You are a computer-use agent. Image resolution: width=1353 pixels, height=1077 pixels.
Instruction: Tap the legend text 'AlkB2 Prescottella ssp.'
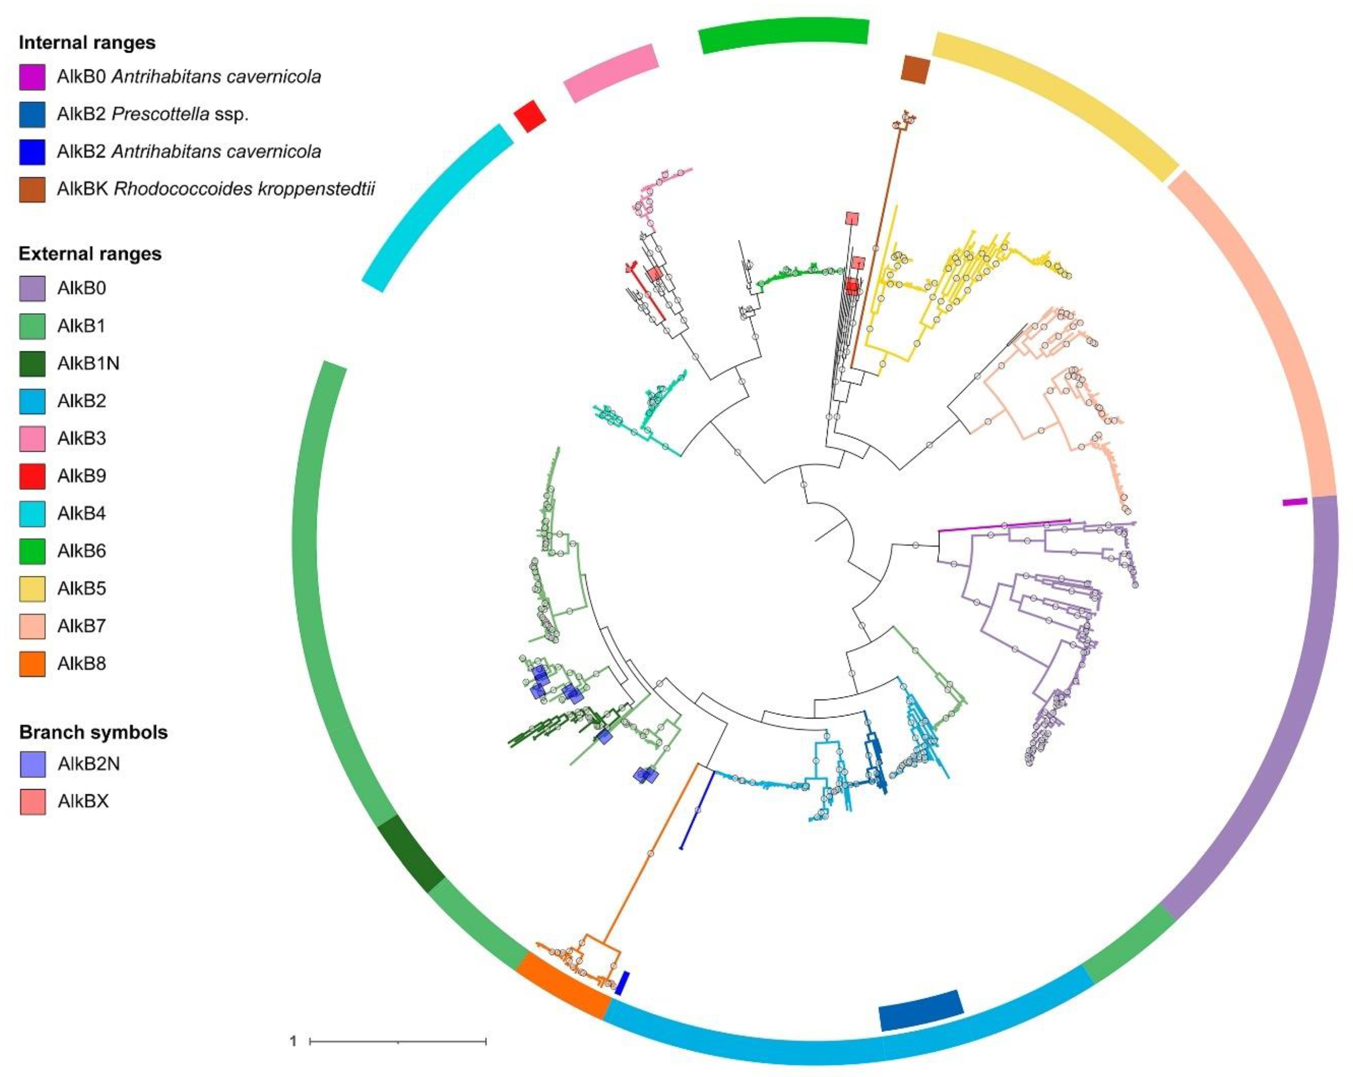(x=153, y=114)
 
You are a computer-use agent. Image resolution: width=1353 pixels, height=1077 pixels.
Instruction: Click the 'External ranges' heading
(x=90, y=254)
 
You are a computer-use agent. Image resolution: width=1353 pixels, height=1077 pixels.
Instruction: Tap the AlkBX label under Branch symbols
(x=83, y=801)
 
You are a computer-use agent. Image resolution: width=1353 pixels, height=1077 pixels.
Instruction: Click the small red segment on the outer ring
(x=530, y=116)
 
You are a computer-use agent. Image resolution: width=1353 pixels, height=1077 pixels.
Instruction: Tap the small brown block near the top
(x=915, y=68)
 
